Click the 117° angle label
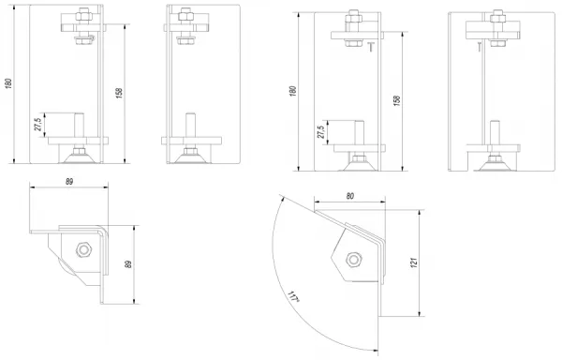[293, 297]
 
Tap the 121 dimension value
[414, 262]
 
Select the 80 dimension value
[350, 196]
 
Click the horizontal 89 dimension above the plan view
[69, 182]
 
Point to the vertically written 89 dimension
[128, 263]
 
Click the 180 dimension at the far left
[9, 83]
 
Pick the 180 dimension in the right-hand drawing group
[293, 91]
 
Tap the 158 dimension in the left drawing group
[119, 93]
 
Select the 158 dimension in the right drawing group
[397, 100]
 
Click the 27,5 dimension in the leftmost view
[38, 125]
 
